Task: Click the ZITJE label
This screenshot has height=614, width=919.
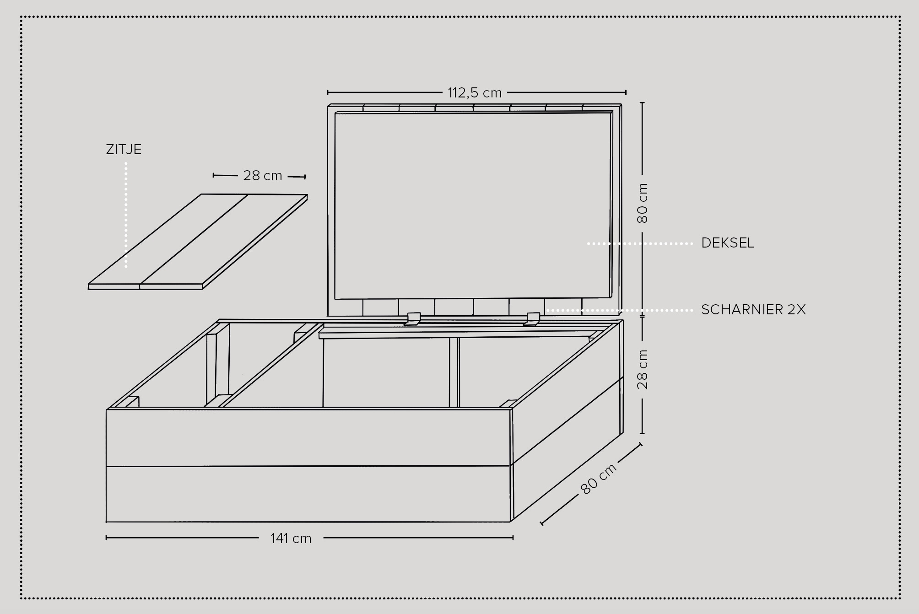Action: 124,150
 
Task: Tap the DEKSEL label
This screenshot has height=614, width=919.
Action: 727,243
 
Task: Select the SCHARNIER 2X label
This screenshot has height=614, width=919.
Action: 753,310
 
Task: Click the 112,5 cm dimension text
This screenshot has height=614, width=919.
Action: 475,93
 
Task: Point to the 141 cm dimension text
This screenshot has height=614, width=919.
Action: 291,539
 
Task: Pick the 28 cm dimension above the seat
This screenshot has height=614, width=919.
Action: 262,176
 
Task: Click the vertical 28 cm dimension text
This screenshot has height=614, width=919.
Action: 643,369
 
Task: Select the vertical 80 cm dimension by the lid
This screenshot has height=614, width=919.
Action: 643,203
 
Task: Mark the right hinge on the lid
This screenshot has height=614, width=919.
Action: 533,318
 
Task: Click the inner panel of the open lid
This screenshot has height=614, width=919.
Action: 473,205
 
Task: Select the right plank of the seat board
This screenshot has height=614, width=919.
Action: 224,242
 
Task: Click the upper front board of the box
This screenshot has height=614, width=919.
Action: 308,437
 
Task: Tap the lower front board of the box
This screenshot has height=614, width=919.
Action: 308,494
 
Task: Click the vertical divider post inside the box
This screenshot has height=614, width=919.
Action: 454,372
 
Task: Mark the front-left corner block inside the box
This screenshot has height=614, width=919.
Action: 132,402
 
